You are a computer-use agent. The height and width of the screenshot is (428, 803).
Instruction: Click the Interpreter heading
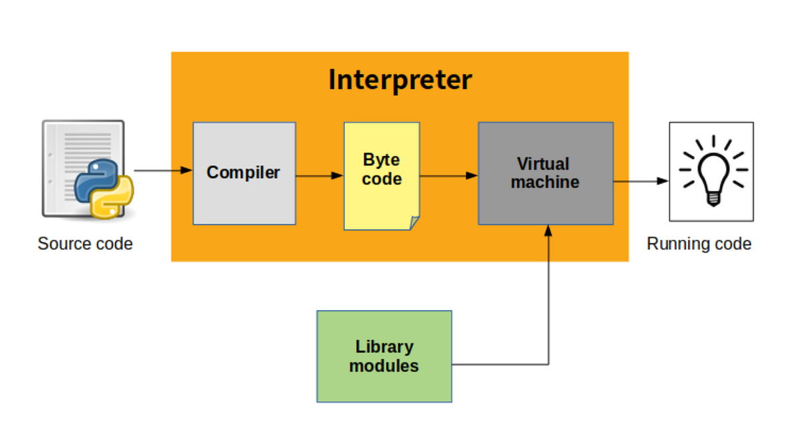pos(400,80)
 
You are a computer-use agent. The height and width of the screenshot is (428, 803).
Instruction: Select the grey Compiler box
pos(244,173)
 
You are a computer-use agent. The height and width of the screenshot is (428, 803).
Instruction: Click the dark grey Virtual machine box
pos(545,173)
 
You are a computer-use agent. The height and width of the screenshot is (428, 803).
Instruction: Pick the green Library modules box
pos(384,356)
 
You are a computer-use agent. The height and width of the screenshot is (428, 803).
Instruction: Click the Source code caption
pos(85,243)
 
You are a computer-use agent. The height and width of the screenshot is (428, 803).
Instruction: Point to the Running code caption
pos(699,243)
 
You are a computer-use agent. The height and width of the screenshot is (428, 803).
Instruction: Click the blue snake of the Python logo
pos(92,177)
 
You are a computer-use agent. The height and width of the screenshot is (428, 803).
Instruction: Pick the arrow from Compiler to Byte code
pos(319,176)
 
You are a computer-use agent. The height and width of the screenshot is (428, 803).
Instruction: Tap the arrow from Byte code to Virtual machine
pos(448,175)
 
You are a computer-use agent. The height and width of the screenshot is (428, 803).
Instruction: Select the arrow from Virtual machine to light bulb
pos(641,181)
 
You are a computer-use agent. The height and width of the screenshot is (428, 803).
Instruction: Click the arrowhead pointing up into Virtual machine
pos(549,230)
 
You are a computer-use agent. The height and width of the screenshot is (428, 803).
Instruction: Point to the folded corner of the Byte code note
pos(414,223)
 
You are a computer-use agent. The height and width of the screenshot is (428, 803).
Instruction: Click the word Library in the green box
pos(384,347)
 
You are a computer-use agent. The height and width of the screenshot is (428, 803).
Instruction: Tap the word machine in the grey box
pos(545,182)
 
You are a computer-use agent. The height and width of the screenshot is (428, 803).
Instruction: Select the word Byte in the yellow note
pos(381,160)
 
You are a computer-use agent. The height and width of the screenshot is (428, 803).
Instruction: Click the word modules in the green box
pos(384,366)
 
